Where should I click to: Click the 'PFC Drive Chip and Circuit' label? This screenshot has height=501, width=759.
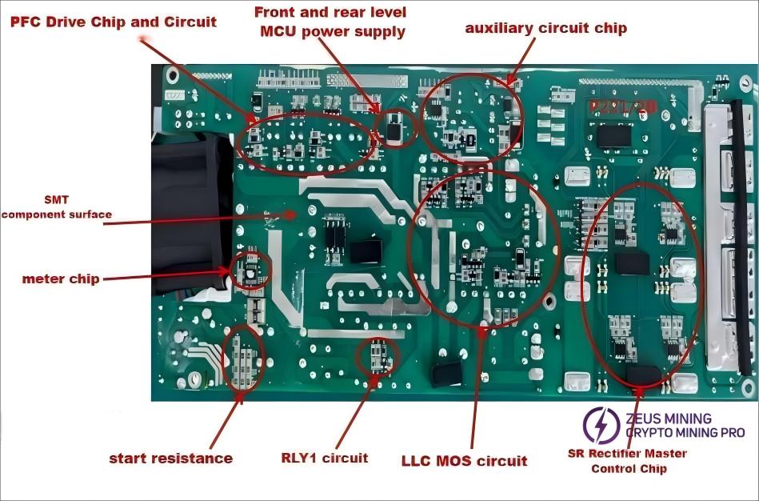[113, 22]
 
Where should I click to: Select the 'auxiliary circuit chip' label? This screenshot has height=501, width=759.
[546, 28]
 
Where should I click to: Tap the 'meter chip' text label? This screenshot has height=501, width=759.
[61, 279]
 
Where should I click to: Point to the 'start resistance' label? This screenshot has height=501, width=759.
[170, 459]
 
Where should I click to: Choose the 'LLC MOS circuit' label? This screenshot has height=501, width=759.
[464, 460]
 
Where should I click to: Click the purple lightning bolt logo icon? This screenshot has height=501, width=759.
[601, 425]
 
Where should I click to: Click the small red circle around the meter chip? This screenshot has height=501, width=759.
[250, 271]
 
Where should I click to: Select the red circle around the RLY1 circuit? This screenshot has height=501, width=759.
[374, 356]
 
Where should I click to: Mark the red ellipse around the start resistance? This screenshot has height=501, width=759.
[243, 358]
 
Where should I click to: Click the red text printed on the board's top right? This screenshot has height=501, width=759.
[612, 107]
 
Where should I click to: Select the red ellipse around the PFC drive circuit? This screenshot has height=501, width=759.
[308, 141]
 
